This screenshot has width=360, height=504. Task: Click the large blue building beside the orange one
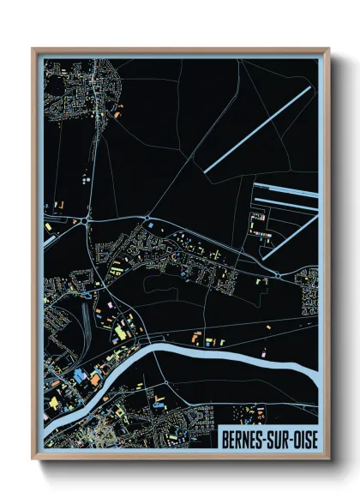tap(81, 375)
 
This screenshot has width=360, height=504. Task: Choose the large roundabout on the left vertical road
tap(88, 221)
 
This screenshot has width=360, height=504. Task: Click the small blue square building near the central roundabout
tap(151, 225)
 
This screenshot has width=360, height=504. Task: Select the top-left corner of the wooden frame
tap(33, 50)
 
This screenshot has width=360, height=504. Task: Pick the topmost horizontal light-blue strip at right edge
tap(287, 183)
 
